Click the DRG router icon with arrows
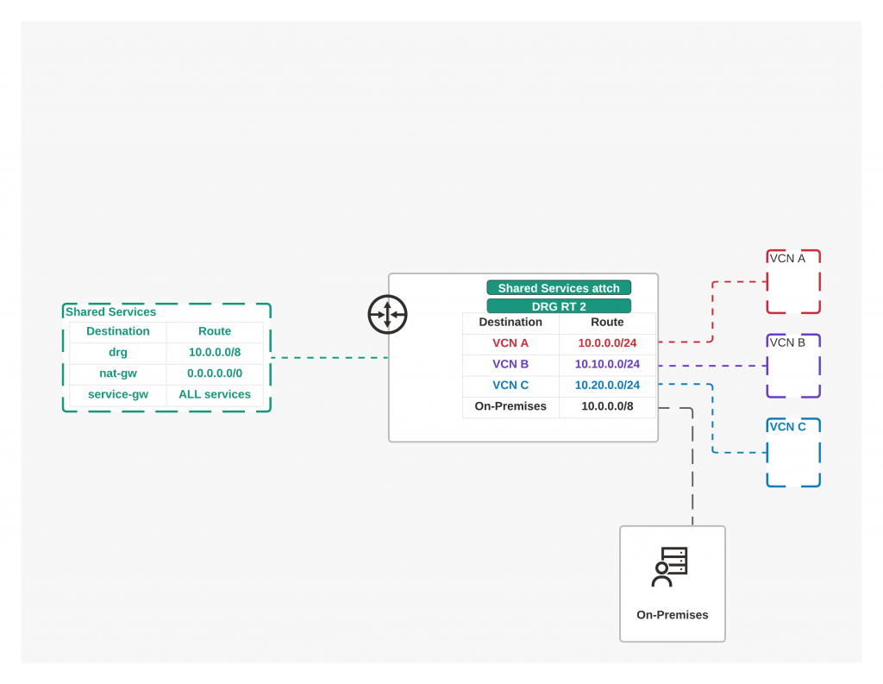[387, 314]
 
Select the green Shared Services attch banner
[559, 288]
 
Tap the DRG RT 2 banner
[559, 306]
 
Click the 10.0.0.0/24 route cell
[607, 343]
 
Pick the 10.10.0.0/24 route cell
[607, 364]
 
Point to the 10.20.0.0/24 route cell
[607, 386]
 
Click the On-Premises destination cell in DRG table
[510, 406]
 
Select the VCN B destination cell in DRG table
[510, 364]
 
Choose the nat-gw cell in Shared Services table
[117, 373]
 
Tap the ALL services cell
[215, 394]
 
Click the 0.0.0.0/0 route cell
[215, 373]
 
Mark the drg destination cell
[117, 352]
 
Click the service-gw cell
[117, 394]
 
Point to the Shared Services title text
[110, 312]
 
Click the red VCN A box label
[787, 259]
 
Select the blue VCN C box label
[787, 427]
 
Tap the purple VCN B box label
[787, 342]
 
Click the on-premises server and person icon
[669, 567]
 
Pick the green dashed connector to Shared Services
[329, 358]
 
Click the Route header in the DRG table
[607, 323]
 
